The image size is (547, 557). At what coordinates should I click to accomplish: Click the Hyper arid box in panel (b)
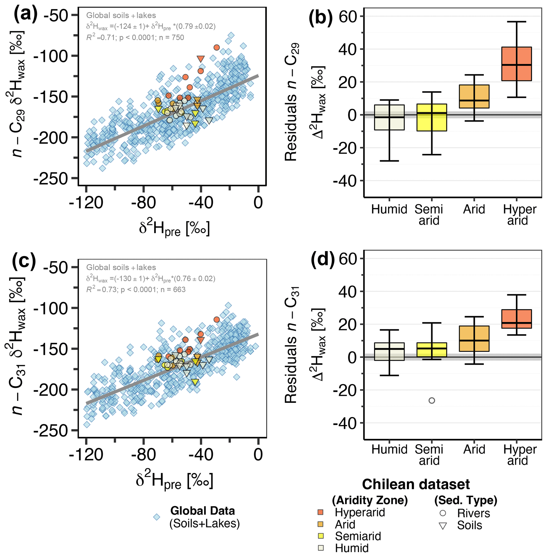coord(516,64)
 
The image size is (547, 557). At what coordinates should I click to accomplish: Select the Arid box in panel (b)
coord(474,96)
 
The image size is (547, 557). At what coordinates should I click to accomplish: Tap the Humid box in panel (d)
coord(389,351)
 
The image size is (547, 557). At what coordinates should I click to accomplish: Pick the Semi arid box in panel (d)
coord(432,349)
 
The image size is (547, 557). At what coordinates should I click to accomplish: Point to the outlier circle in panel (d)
coord(432,400)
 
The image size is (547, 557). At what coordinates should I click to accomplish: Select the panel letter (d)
coord(323,259)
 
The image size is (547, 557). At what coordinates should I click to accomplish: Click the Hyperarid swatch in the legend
coord(321,512)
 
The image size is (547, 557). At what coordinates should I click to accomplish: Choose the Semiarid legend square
coord(321,536)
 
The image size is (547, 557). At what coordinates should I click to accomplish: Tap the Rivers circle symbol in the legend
coord(443,513)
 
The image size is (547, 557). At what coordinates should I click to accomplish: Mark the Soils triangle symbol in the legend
coord(443,526)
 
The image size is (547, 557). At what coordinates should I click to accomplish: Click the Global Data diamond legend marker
coord(157,517)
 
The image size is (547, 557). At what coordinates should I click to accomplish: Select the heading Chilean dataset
coord(416,484)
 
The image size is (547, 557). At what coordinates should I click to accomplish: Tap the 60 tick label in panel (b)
coord(348,17)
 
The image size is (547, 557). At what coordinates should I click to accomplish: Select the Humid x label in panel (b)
coord(389,209)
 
